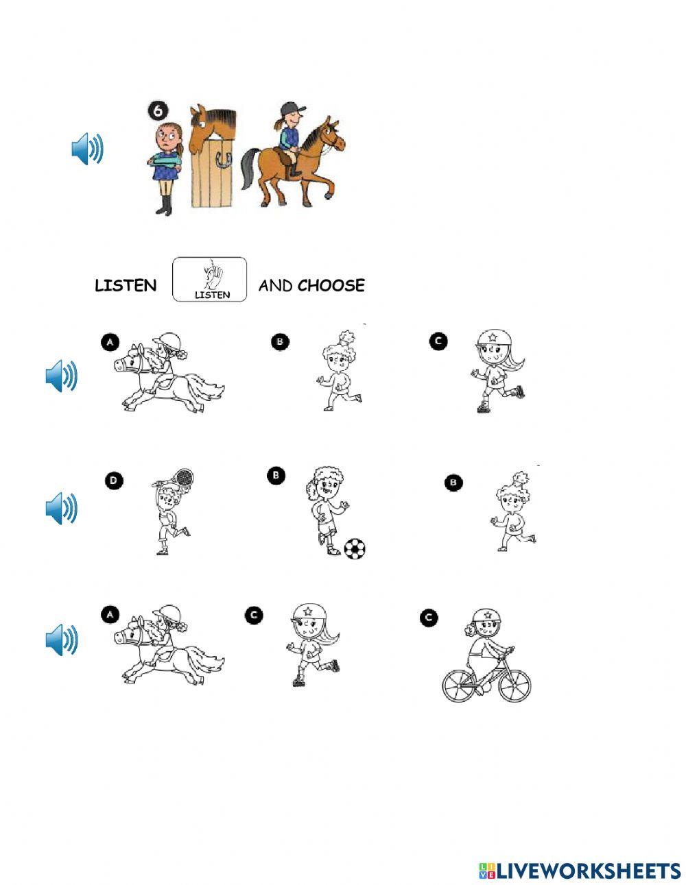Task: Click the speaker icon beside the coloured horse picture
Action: pos(87,149)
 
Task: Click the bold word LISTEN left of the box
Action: pos(126,286)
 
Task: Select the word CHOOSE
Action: pos(331,285)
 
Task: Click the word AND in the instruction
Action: pos(275,286)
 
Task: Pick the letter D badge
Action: pos(114,481)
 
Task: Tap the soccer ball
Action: pos(354,548)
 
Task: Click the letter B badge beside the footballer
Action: pos(275,476)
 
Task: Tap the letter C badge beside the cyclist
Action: pos(428,618)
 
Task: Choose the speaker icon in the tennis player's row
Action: pos(62,508)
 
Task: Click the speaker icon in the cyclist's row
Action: pos(62,640)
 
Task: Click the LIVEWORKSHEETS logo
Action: pos(580,871)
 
